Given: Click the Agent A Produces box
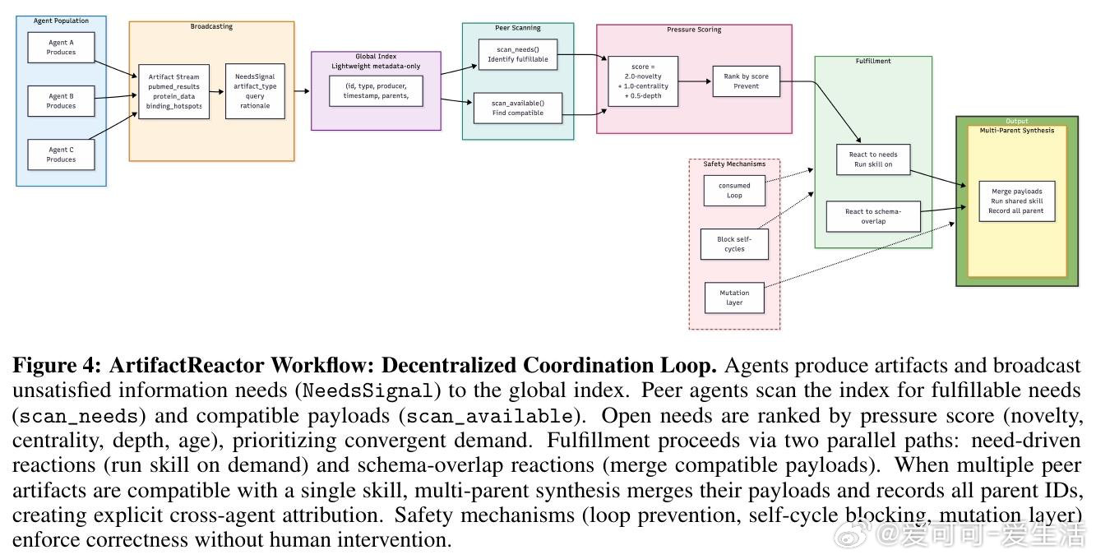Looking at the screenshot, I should point(61,48).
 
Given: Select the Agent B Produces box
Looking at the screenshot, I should point(61,101).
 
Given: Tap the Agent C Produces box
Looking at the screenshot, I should point(61,155).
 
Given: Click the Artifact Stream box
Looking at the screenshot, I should point(173,91).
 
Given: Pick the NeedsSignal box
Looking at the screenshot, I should point(255,91).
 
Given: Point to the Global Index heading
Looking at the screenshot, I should point(375,57).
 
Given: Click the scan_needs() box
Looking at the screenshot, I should point(517,54).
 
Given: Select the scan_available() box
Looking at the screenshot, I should point(517,108).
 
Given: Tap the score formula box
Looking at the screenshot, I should point(642,81).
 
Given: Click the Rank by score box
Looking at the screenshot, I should point(746,81).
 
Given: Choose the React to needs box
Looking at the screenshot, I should point(872,159).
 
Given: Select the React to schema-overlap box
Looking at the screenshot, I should point(872,216).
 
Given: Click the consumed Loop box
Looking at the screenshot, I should point(734,191).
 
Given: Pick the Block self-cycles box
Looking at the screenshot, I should point(734,244).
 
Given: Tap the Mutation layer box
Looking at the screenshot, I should point(734,298).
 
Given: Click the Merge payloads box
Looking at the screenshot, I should point(1016,201).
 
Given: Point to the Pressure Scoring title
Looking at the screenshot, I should point(694,30).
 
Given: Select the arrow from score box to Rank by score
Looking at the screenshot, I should point(695,81).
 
